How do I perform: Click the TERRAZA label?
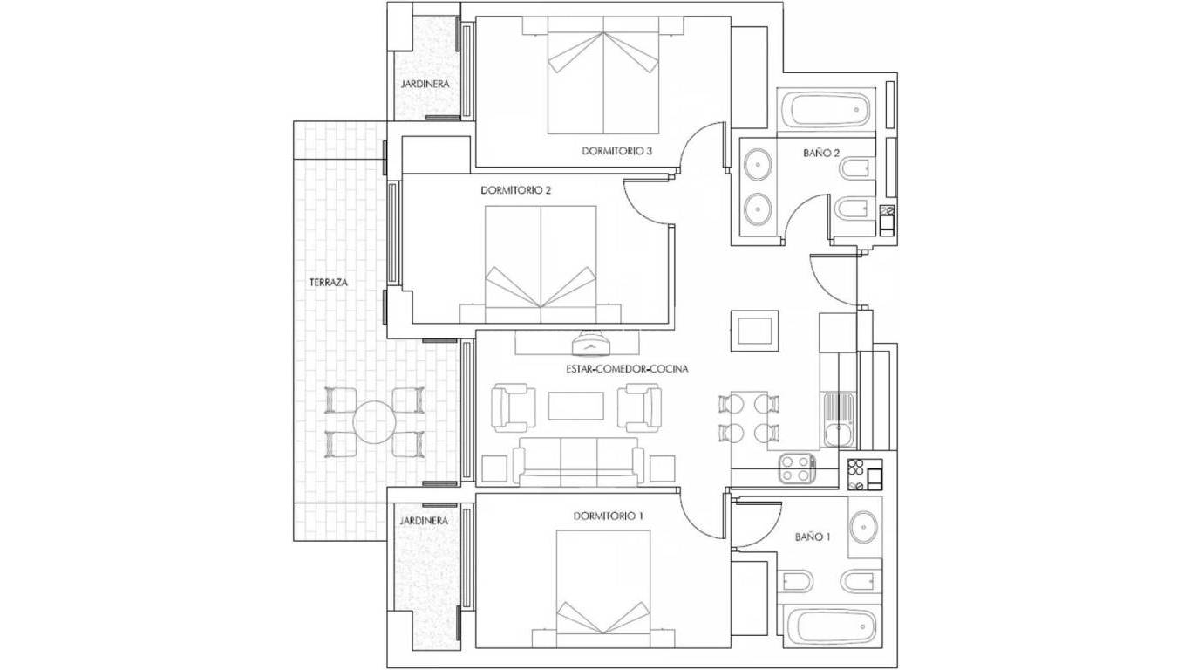[329, 283]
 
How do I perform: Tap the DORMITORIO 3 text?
[617, 151]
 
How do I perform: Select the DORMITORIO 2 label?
[516, 189]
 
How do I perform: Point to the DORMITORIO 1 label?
[609, 516]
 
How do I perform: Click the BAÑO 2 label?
[820, 153]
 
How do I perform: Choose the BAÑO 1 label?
[812, 537]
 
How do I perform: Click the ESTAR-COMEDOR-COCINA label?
[627, 369]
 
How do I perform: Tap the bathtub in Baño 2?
[825, 110]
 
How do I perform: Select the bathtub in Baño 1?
[830, 626]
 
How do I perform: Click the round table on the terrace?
[375, 421]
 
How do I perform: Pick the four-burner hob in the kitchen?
[796, 468]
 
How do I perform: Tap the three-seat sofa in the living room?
[579, 462]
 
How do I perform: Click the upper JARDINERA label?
[425, 85]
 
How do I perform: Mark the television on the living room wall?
[592, 336]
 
